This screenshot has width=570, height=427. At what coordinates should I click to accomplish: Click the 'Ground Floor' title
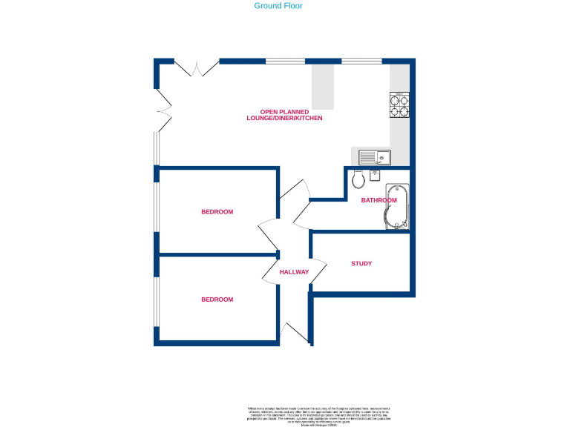click(x=279, y=6)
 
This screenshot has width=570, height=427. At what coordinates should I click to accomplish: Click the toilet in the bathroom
click(x=358, y=179)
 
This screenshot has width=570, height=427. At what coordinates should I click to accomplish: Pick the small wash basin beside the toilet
click(x=375, y=176)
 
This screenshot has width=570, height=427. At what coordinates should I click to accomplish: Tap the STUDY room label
click(x=361, y=264)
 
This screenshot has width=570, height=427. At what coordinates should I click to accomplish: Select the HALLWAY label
click(x=294, y=272)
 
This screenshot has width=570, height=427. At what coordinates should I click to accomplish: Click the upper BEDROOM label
click(x=217, y=212)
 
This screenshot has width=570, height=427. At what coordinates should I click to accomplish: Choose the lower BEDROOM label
click(x=217, y=299)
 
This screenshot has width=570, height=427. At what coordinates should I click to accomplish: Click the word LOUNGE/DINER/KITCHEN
click(x=285, y=119)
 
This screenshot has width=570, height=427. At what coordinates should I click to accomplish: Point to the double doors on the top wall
click(x=197, y=68)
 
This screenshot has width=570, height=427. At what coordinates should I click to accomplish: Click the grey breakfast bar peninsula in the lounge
click(x=322, y=86)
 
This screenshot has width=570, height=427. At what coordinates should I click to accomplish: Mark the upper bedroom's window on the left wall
click(x=156, y=207)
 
